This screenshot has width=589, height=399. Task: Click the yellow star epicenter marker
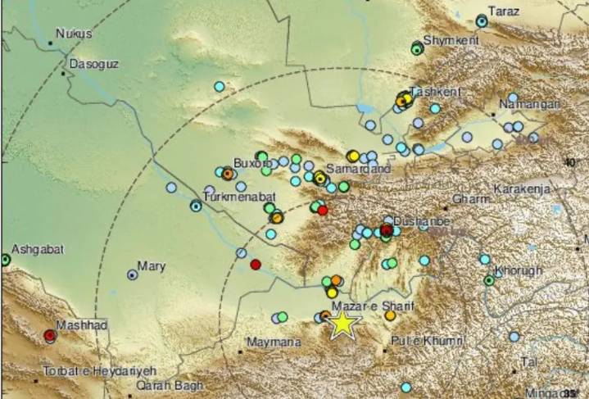(342, 325)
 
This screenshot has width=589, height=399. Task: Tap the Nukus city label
(74, 34)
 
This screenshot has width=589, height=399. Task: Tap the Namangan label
(530, 105)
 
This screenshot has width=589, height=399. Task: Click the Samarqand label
(361, 168)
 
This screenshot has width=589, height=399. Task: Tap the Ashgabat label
(39, 249)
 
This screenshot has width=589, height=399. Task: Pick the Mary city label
(152, 266)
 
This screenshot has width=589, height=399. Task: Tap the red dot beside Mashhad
(50, 335)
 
